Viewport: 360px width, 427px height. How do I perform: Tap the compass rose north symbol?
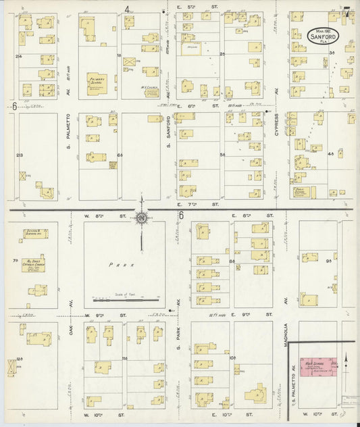[142, 218]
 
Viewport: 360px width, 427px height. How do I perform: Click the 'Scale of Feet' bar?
[127, 299]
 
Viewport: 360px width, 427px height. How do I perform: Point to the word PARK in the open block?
[124, 266]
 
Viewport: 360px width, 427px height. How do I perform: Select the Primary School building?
[99, 82]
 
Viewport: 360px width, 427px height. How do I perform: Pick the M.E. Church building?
[151, 91]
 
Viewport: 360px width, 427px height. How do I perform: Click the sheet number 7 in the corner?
[346, 11]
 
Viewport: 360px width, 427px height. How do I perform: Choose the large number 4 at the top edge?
[126, 9]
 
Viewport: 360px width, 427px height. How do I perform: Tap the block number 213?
[19, 155]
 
